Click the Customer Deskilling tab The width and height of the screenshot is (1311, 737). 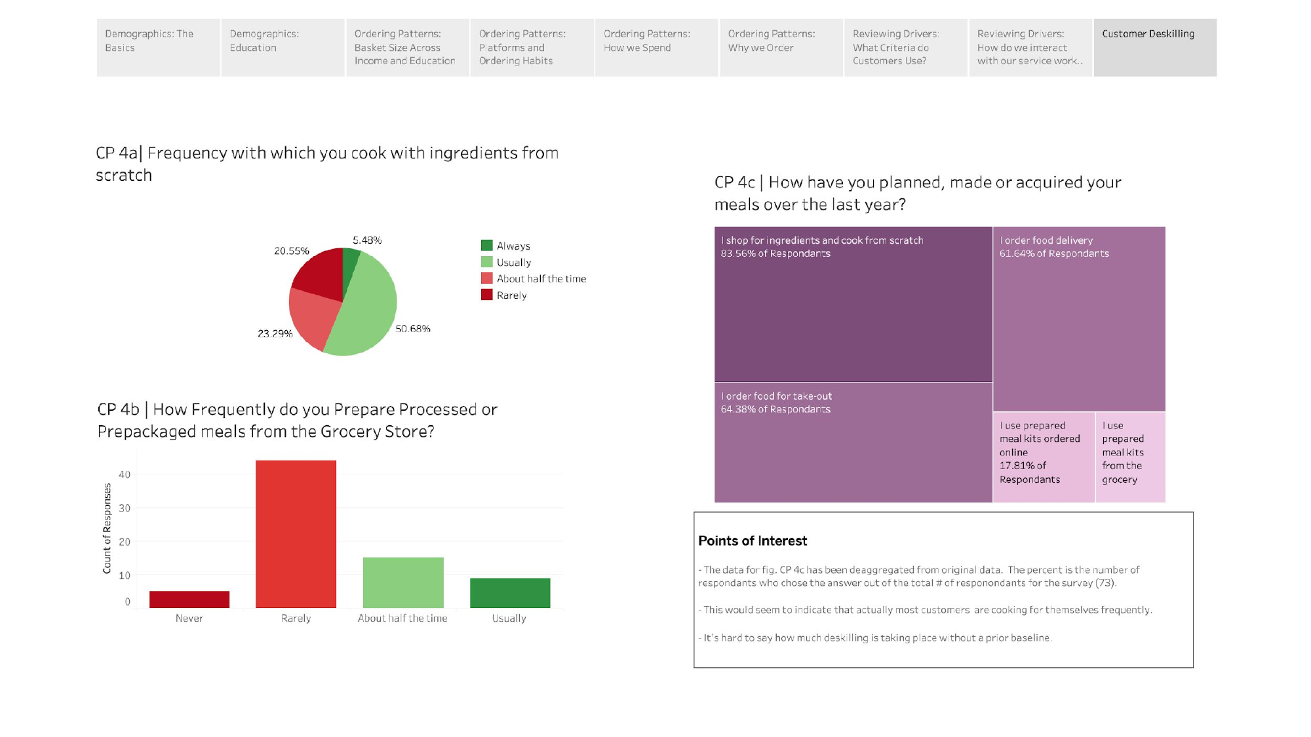pos(1154,47)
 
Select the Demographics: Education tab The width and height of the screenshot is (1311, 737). pos(282,47)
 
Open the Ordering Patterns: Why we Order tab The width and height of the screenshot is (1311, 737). pos(780,47)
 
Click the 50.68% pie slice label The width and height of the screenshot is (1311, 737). pos(412,329)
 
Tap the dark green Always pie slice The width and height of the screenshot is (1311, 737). pos(350,262)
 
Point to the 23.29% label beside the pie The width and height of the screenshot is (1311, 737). pos(275,333)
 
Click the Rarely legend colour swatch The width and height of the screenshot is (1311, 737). pos(486,295)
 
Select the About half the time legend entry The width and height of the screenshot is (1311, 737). pos(541,278)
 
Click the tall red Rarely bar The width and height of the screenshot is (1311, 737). pos(296,534)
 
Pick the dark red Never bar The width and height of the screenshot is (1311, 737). pos(189,599)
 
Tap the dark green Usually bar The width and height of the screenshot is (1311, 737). pos(510,593)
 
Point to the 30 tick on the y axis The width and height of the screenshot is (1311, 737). pos(125,508)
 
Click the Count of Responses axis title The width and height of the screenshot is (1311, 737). pos(107,529)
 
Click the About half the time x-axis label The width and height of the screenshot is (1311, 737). pos(402,618)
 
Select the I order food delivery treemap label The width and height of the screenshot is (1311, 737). pos(1046,240)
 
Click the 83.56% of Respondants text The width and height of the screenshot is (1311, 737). pos(775,254)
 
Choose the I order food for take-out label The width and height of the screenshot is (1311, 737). pos(776,396)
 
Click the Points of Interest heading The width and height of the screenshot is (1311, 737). pos(753,541)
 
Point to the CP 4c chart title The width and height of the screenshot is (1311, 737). pos(918,193)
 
